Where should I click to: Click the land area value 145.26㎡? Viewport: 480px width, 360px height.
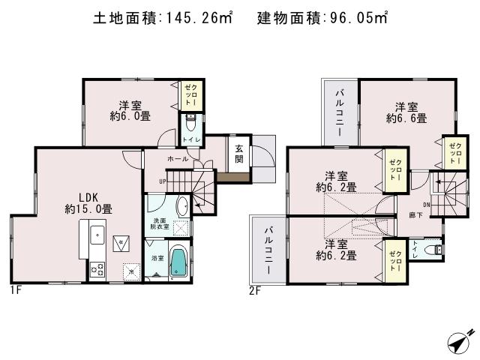(x=200, y=16)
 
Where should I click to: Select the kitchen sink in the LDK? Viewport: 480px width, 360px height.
(x=97, y=236)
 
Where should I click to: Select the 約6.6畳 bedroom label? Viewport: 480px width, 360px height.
(x=406, y=118)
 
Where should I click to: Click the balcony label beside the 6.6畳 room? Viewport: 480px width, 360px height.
(x=340, y=112)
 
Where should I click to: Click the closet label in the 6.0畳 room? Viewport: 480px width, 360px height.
(x=191, y=96)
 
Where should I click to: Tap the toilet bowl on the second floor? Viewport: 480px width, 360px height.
(x=432, y=249)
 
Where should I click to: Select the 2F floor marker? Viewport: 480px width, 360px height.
(x=255, y=290)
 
